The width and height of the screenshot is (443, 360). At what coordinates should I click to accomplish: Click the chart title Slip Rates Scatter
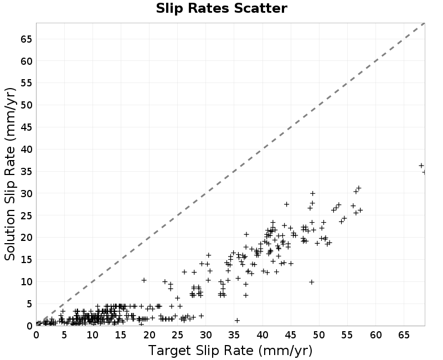coord(221,8)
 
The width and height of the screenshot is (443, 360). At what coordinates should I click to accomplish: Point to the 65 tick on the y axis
coord(26,39)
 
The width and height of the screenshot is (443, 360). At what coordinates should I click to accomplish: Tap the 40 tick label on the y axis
coord(26,149)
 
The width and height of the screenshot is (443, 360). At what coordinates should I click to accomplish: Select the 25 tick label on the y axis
coord(26,215)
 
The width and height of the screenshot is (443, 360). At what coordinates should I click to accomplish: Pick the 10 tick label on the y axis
coord(26,282)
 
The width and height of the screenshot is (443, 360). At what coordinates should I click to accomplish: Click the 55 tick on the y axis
coord(26,83)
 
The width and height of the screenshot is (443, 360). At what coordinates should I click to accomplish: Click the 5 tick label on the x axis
coord(64,335)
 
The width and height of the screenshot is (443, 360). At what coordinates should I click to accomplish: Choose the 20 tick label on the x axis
coord(149,335)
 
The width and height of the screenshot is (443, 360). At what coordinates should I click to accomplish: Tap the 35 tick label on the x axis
coord(234,335)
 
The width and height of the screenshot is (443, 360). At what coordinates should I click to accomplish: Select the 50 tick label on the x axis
coord(319,335)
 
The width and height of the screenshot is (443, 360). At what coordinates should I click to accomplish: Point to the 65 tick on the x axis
coord(404,335)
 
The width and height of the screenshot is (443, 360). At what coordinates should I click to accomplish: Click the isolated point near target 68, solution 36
coord(421,166)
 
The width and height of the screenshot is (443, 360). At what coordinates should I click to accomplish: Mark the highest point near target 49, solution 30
coord(312,193)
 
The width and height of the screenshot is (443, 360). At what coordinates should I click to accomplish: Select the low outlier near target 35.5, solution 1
coord(238,321)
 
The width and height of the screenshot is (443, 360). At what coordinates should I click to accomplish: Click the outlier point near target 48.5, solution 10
coord(312,282)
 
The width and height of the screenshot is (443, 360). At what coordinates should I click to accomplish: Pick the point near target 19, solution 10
coord(144,280)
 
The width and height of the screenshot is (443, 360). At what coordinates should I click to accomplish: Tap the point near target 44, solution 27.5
coord(286,204)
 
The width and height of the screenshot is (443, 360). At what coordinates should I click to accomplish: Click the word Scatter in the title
coord(260,8)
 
